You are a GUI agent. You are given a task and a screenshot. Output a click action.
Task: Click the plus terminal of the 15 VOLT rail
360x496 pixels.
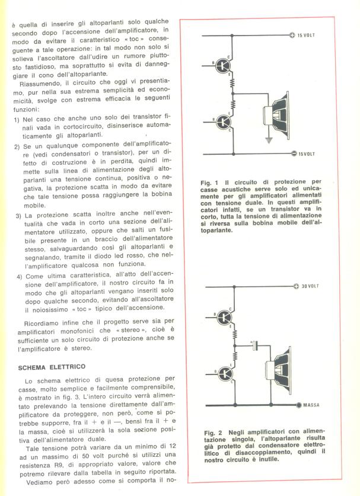pyautogui.click(x=292, y=36)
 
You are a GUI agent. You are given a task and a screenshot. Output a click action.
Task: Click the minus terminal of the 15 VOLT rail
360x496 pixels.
pyautogui.click(x=292, y=154)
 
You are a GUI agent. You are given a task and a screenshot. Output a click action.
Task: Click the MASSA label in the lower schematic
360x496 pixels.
pyautogui.click(x=313, y=406)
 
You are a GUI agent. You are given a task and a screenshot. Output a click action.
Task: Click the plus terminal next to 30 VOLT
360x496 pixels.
pyautogui.click(x=296, y=286)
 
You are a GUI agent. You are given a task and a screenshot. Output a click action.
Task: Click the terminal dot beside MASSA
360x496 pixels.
pyautogui.click(x=298, y=406)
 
